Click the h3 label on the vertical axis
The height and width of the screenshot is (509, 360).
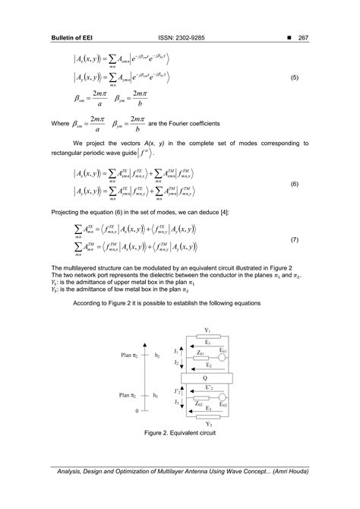pyautogui.click(x=156, y=395)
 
